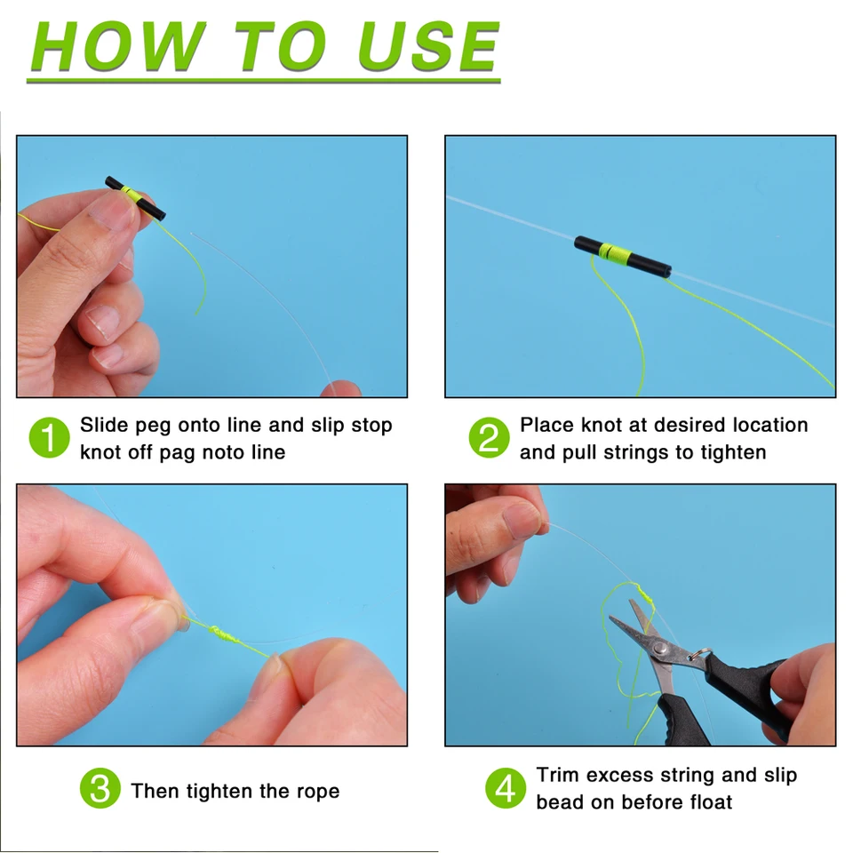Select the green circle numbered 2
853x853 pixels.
click(x=489, y=439)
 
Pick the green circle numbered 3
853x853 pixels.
click(x=100, y=789)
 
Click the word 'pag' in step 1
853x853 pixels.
click(x=176, y=453)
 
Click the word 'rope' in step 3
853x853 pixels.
click(x=315, y=792)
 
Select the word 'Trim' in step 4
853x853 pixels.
click(x=558, y=776)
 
